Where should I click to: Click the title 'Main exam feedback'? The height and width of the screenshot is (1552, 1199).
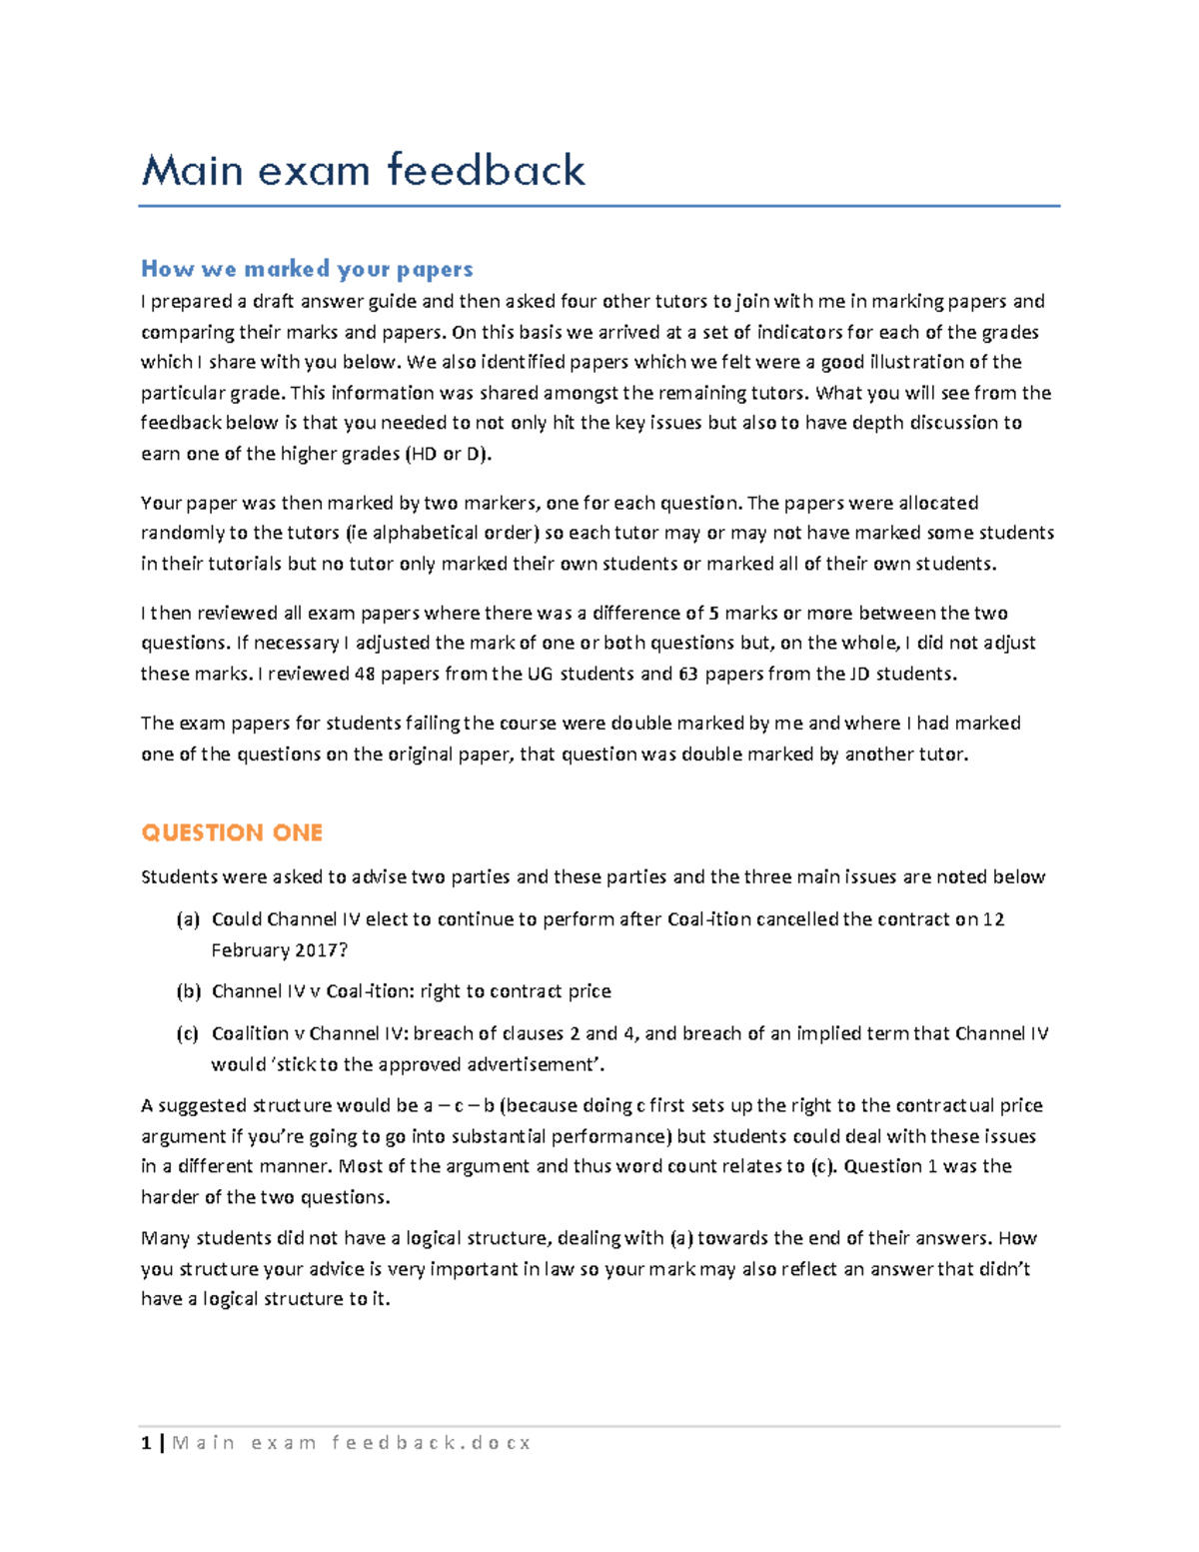[x=363, y=171]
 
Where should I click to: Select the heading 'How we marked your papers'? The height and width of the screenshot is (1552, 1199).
[x=307, y=269]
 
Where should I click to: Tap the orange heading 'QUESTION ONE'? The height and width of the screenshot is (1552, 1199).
[x=232, y=832]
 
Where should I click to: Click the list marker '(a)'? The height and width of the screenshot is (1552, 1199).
[x=188, y=919]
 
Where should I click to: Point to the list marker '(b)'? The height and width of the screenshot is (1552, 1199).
[x=188, y=991]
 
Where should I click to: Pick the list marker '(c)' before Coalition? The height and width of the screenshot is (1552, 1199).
[x=188, y=1033]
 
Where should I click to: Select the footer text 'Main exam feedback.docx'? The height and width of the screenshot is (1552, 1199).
[x=352, y=1443]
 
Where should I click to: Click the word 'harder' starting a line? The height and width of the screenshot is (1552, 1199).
[x=170, y=1196]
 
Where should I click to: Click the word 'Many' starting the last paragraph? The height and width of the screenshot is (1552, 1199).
[x=165, y=1238]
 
